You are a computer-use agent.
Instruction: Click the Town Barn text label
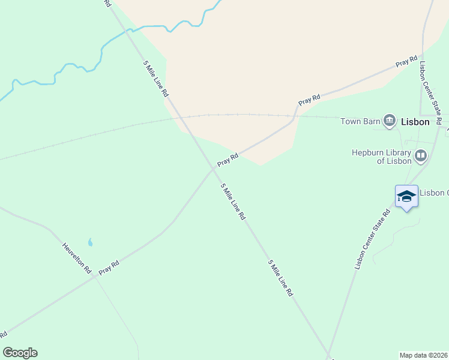point(360,121)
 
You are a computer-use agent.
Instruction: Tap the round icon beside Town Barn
point(390,121)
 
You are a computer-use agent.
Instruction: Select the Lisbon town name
point(415,122)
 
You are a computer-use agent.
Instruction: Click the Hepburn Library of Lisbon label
point(382,157)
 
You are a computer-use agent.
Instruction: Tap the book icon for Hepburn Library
point(421,157)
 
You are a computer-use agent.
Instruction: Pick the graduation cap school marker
point(406,196)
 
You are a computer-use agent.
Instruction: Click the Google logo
point(20,353)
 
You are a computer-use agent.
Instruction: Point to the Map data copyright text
point(424,355)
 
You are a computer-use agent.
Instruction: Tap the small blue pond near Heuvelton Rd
point(91,242)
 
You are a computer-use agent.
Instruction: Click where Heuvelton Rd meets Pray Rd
point(94,277)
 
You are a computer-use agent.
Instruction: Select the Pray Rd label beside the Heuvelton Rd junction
point(109,267)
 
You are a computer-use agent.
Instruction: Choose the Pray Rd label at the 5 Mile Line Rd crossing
point(228,160)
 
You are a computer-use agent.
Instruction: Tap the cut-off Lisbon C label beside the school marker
point(433,193)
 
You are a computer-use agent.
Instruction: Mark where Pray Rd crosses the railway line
point(297,113)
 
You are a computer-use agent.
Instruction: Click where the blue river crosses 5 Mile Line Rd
point(125,30)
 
